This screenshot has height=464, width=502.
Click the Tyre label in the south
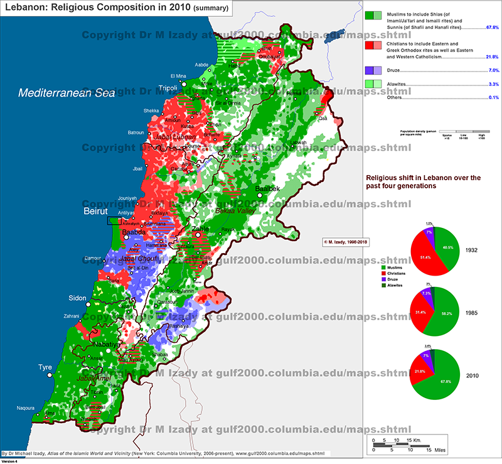pyautogui.click(x=45, y=367)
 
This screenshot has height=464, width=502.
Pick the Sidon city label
pyautogui.click(x=60, y=298)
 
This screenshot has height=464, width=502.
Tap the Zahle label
pyautogui.click(x=200, y=229)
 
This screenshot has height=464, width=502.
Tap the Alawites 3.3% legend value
pyautogui.click(x=492, y=84)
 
